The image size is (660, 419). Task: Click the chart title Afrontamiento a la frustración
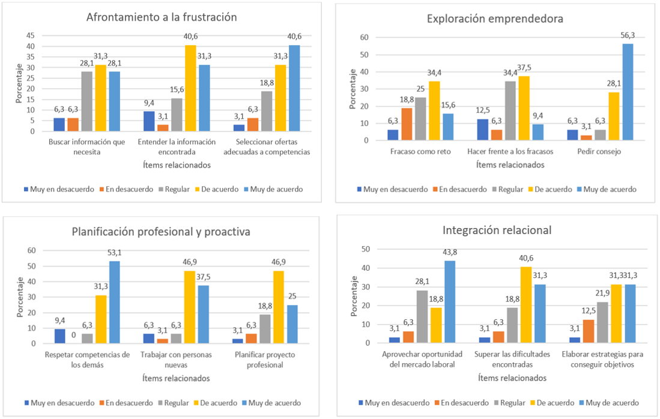click(162, 17)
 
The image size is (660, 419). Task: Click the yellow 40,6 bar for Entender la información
click(190, 88)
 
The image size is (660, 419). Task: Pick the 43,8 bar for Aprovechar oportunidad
click(450, 301)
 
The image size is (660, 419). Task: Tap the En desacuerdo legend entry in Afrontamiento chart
click(130, 189)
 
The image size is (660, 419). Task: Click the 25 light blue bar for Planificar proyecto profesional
click(291, 324)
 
